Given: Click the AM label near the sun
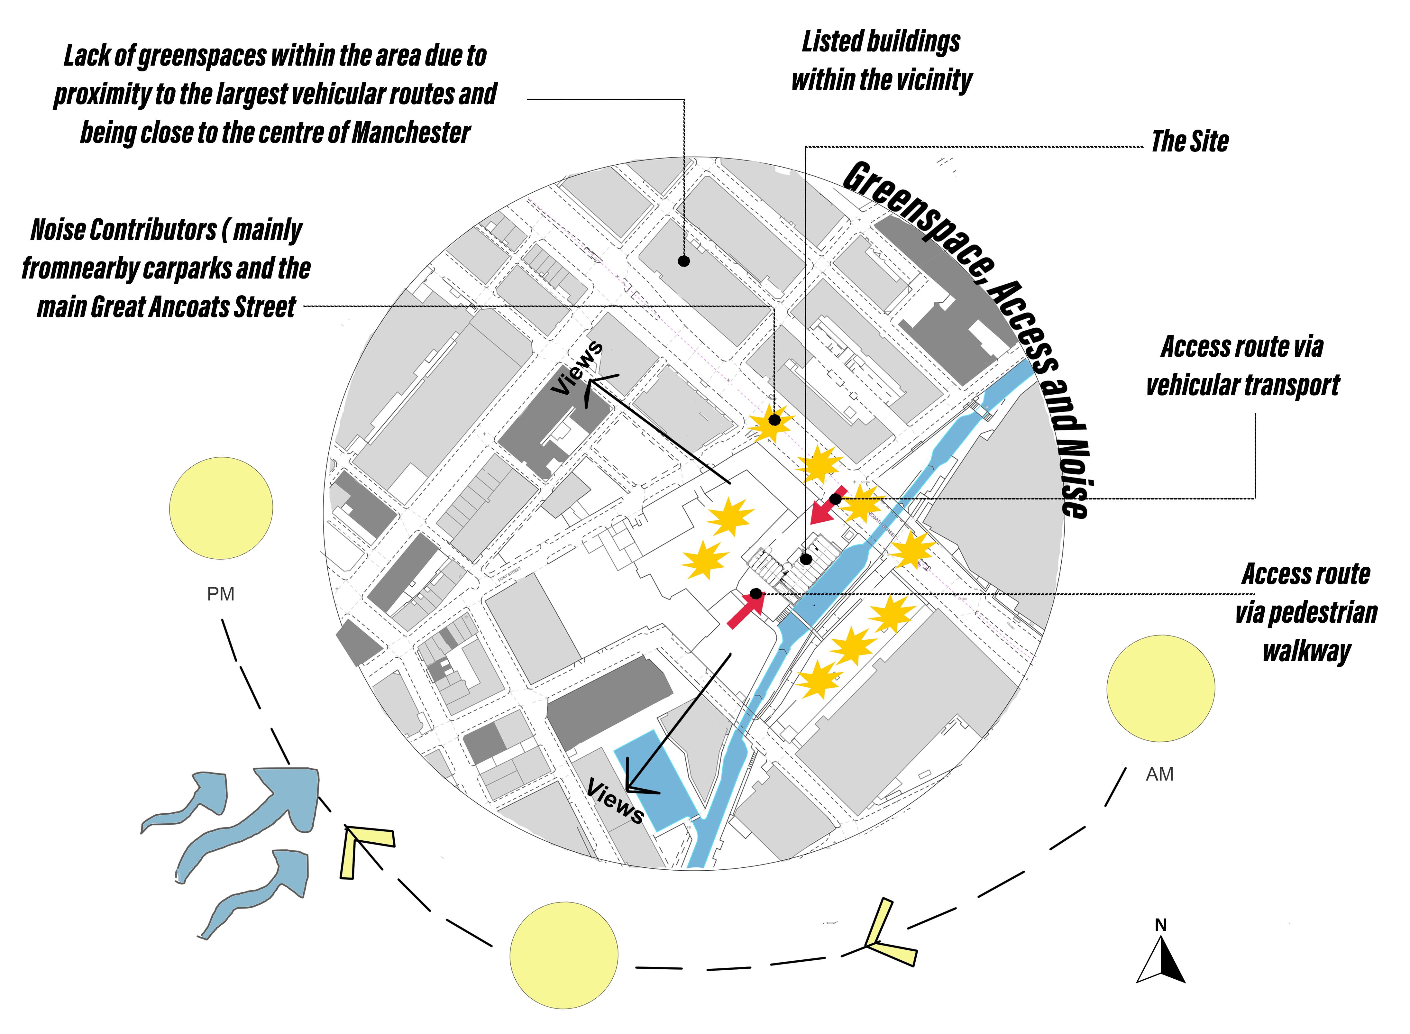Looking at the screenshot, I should tap(1159, 774).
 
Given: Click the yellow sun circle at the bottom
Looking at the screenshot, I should tap(564, 955).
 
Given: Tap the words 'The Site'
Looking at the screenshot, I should tap(1190, 142).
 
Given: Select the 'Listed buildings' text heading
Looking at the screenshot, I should tap(881, 42).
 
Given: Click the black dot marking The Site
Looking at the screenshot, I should tap(806, 559).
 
